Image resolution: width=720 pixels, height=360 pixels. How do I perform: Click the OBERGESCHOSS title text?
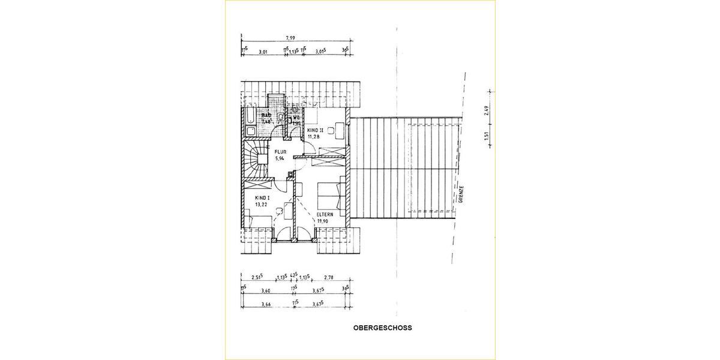click(x=383, y=329)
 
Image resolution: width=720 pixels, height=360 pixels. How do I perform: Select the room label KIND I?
click(x=263, y=197)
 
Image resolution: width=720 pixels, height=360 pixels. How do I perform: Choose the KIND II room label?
click(x=316, y=130)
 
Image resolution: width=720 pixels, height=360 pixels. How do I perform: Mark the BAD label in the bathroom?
click(x=266, y=115)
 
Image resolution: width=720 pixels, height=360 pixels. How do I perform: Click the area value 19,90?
click(x=323, y=221)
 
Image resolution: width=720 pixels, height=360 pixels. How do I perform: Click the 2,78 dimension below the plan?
click(x=328, y=278)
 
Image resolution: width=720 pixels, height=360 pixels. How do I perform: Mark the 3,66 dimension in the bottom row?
click(x=265, y=304)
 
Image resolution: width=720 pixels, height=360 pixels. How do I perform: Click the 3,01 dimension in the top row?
click(x=262, y=52)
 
